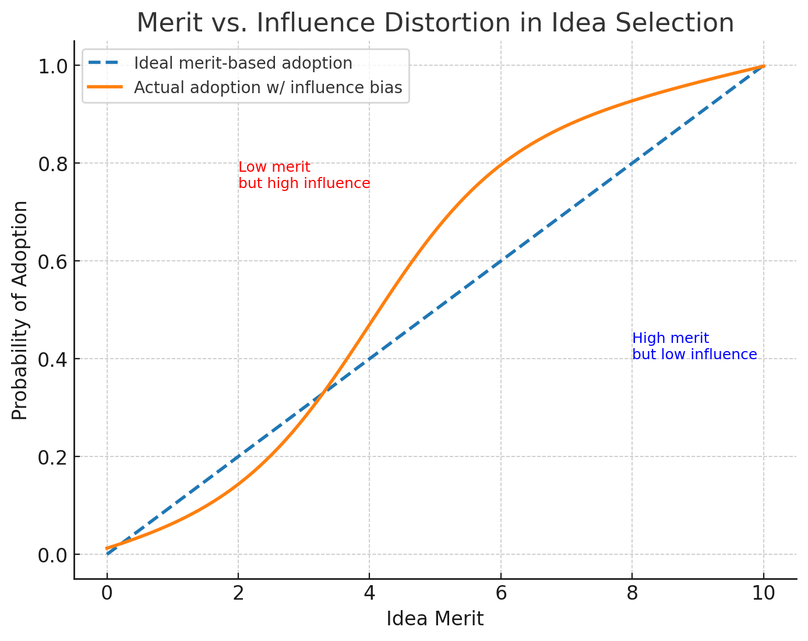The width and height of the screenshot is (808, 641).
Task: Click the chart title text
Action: coord(435,23)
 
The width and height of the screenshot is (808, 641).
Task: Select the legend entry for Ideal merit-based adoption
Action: coord(243,63)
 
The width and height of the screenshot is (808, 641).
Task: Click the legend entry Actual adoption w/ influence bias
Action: coord(267,87)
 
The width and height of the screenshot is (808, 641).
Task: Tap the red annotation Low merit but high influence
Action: coord(304,175)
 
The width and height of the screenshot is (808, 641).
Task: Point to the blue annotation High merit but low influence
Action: coord(694,346)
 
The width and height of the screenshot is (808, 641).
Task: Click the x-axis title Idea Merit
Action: coord(435,619)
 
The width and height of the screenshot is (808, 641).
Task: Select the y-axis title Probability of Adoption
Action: coord(20,310)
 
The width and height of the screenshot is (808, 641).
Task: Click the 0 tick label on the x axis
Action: coord(107,594)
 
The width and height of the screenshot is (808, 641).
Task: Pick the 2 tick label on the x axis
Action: coord(238,594)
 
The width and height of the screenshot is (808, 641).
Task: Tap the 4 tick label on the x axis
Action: coord(369,594)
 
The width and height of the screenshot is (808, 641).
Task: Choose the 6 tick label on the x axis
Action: coord(500,594)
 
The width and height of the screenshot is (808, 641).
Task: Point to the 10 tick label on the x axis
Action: coord(763,594)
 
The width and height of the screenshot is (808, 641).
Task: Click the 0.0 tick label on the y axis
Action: coord(52,555)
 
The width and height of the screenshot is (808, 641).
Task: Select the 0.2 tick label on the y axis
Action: coord(52,457)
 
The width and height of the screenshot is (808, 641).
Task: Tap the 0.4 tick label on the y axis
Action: coord(52,359)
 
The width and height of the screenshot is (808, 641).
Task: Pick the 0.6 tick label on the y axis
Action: coord(52,261)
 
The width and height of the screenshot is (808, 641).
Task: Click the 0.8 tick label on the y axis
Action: coord(52,164)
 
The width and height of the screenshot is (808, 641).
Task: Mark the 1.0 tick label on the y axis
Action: coord(52,66)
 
